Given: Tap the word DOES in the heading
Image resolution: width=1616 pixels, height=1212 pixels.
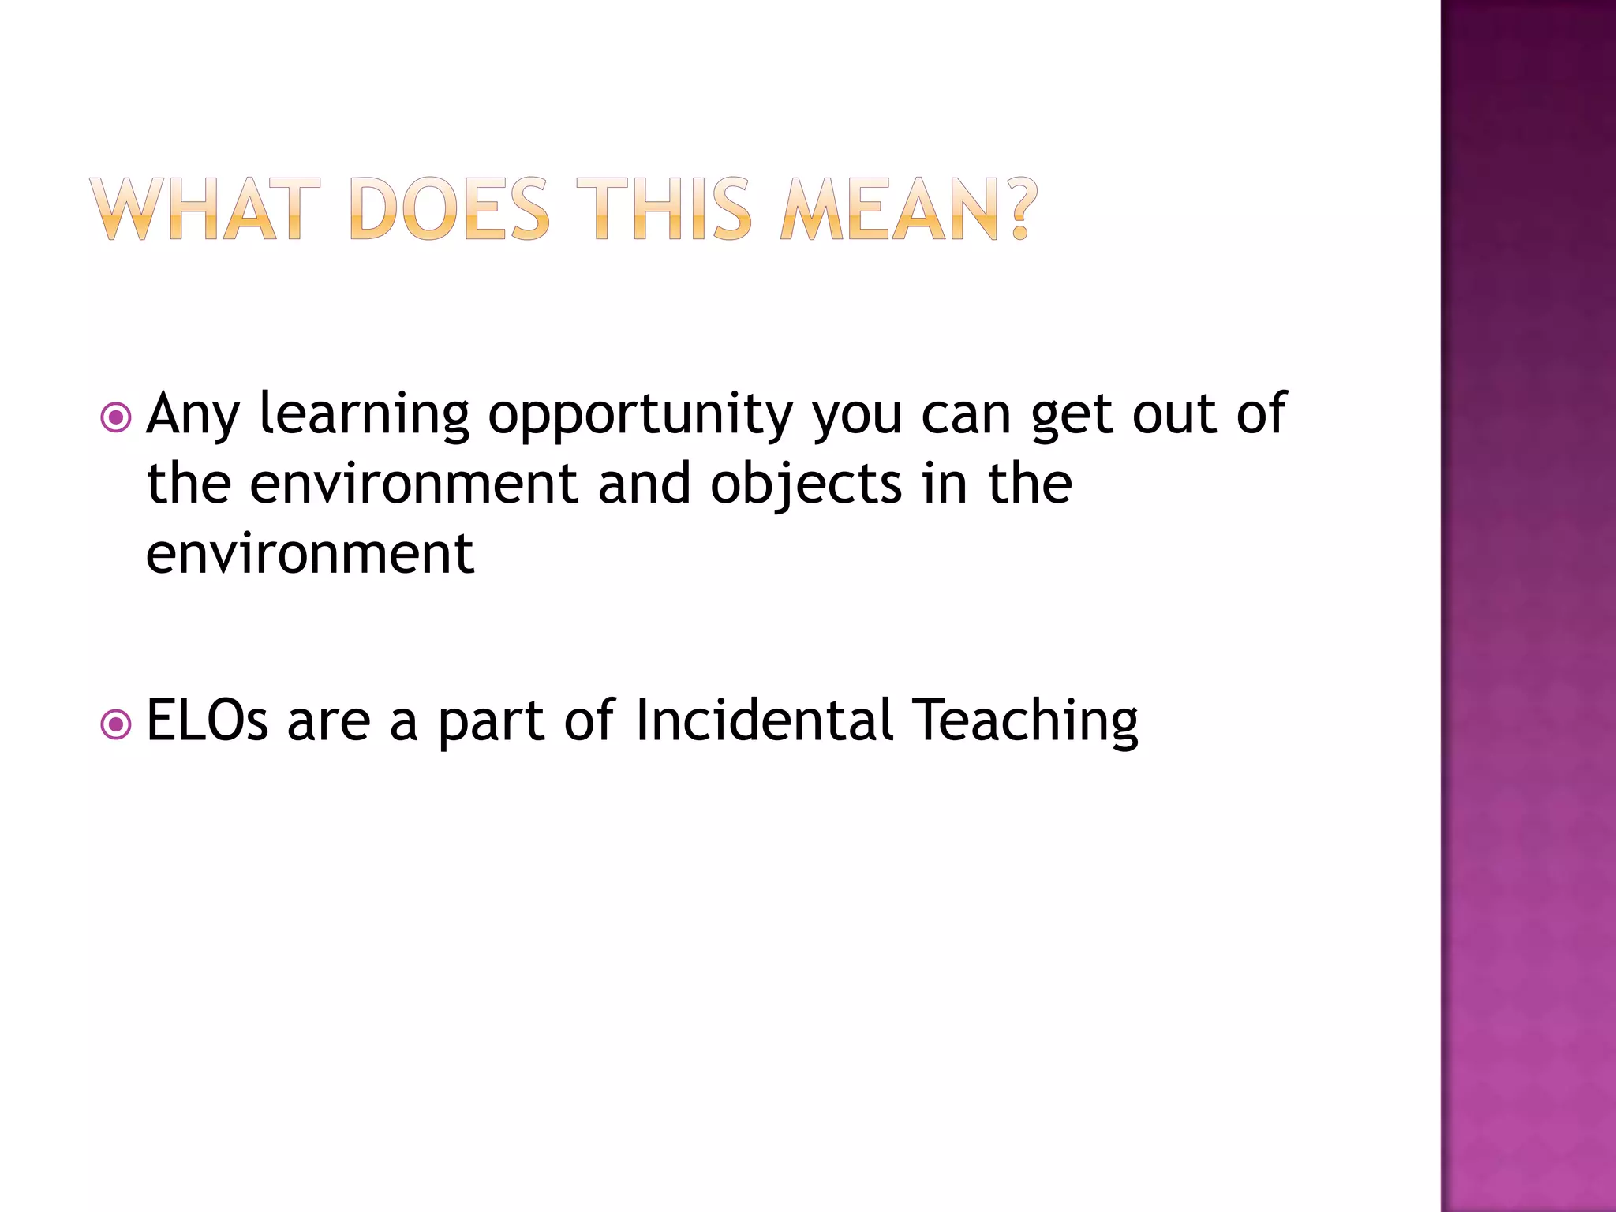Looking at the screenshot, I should point(448,209).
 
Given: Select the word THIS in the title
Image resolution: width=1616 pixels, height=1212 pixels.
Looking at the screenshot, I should point(664,209).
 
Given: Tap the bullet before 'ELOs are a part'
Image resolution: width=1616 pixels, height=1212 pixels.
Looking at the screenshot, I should point(116,724).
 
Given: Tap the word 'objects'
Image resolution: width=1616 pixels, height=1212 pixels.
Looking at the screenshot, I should point(806,484).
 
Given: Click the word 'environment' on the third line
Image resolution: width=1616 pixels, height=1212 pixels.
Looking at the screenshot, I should point(310,554).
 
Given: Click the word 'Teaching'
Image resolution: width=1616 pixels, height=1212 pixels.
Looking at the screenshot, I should point(1025,721).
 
